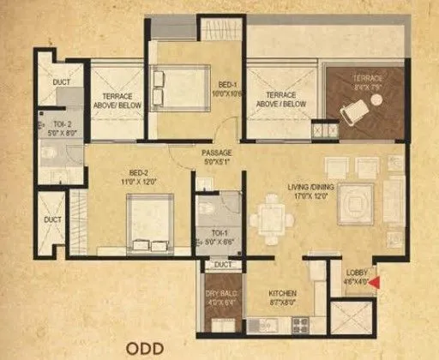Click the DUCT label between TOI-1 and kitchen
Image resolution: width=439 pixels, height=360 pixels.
pos(223,266)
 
